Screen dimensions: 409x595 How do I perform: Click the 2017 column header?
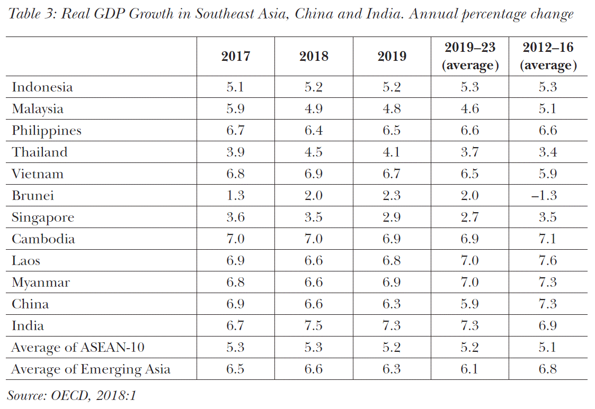235,57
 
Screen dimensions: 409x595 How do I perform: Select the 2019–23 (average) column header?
470,56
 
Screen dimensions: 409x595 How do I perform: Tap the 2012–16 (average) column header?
548,56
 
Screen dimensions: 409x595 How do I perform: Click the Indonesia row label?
42,87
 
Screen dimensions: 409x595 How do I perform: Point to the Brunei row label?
33,196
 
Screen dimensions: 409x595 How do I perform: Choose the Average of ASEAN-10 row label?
78,347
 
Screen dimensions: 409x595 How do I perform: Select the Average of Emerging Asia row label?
91,369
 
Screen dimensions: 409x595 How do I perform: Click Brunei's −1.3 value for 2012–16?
548,196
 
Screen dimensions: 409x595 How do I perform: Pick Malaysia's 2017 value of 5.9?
235,109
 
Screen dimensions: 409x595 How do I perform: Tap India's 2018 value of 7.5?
314,325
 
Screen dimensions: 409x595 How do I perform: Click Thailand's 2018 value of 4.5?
314,152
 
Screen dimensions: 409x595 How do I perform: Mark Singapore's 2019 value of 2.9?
392,217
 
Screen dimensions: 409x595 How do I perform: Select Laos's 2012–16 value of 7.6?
548,261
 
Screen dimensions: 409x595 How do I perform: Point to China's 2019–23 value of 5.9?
470,304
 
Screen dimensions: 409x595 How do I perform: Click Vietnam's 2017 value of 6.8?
235,174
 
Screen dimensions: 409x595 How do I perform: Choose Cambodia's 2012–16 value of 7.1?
548,239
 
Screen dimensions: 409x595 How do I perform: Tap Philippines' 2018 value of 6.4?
314,131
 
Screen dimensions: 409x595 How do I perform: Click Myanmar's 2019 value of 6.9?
392,283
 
